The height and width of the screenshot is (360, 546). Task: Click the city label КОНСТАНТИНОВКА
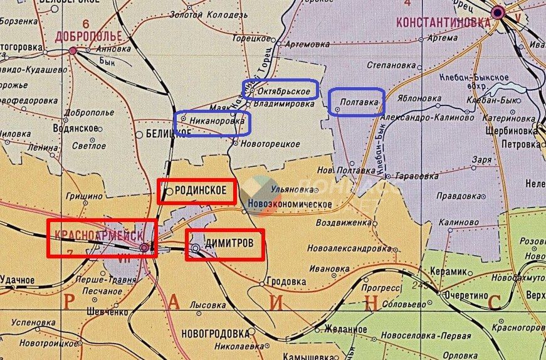click(x=443, y=23)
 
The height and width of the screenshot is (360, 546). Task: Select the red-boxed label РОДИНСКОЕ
click(x=200, y=191)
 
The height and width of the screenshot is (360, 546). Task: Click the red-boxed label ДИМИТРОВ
click(x=228, y=247)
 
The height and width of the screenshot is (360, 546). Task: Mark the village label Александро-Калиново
click(x=430, y=117)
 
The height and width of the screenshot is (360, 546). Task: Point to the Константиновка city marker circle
click(x=499, y=11)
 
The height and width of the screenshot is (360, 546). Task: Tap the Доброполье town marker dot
click(x=73, y=50)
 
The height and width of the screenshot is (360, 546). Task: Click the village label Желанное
click(x=345, y=329)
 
